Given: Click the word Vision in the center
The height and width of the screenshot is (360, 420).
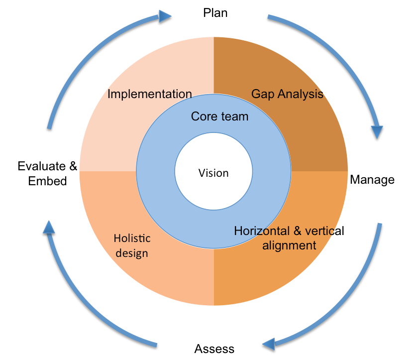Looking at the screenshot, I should pyautogui.click(x=213, y=173).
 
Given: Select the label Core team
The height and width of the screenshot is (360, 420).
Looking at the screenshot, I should pyautogui.click(x=219, y=117).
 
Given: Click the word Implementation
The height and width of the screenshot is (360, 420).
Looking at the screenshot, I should pyautogui.click(x=150, y=94).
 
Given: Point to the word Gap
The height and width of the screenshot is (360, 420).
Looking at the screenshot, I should pyautogui.click(x=263, y=94).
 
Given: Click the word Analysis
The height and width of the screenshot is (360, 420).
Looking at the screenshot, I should pyautogui.click(x=301, y=94).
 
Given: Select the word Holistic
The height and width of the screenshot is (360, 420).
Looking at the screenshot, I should pyautogui.click(x=132, y=238).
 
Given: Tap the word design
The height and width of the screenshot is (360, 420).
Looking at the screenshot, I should pyautogui.click(x=132, y=253).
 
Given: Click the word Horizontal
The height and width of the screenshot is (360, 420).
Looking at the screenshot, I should pyautogui.click(x=262, y=231).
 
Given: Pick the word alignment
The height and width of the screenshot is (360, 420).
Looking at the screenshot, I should pyautogui.click(x=289, y=245).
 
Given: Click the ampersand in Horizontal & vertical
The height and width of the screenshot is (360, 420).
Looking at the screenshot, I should pyautogui.click(x=298, y=231).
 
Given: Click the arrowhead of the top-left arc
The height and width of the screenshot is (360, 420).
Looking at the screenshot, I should pyautogui.click(x=165, y=16).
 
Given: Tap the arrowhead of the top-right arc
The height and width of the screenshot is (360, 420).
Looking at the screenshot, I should pyautogui.click(x=377, y=131).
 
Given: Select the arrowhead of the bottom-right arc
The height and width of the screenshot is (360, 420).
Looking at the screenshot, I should pyautogui.click(x=269, y=343).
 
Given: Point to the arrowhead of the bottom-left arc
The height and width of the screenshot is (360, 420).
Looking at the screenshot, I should pyautogui.click(x=48, y=227).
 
